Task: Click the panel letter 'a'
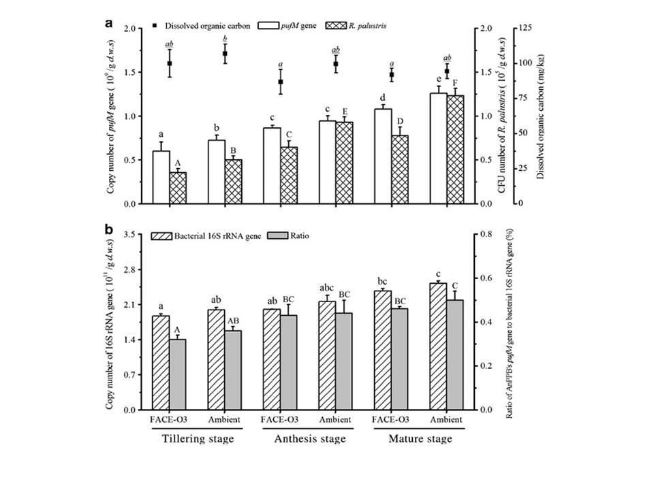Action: coord(109,22)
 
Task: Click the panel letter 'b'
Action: coord(109,229)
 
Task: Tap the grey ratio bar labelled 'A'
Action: coord(177,374)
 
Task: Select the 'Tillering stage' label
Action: coord(197,439)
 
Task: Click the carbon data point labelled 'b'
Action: coord(224,53)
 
